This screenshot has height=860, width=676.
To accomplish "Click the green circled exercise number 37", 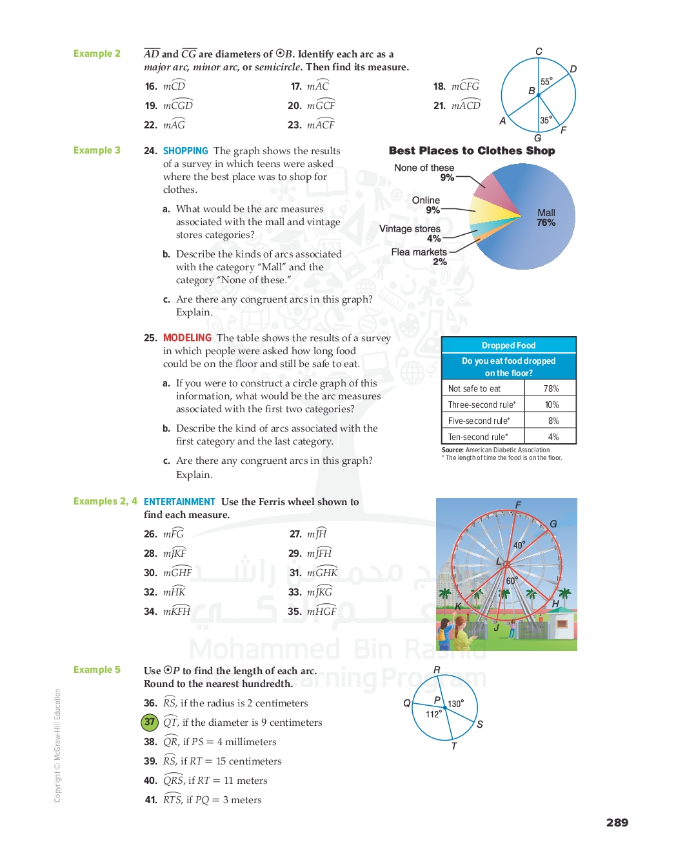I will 150,722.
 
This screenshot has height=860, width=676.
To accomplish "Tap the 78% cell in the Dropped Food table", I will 551,388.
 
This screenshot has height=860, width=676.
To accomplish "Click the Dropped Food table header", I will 508,345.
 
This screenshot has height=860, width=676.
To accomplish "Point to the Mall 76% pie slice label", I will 546,217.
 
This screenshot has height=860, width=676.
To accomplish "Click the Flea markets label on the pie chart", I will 419,252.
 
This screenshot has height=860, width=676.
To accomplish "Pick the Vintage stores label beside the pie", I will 410,229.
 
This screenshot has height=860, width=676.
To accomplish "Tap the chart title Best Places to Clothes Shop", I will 472,150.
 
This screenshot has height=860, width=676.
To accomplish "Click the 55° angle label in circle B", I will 546,82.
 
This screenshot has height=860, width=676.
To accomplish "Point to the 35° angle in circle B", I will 546,120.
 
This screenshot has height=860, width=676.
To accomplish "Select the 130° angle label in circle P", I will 455,704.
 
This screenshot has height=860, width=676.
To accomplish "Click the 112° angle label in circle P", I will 433,714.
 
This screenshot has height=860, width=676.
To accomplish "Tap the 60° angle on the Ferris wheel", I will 512,581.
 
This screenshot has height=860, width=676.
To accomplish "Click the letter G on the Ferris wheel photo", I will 553,524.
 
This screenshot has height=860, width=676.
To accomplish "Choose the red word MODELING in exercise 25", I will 187,337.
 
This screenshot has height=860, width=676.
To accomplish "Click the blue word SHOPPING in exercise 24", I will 185,150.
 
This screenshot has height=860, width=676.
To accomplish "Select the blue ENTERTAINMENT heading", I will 179,501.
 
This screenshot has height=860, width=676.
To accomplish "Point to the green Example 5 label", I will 97,670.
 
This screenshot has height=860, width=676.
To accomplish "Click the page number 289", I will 617,822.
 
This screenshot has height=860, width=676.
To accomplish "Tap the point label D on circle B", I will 573,69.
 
